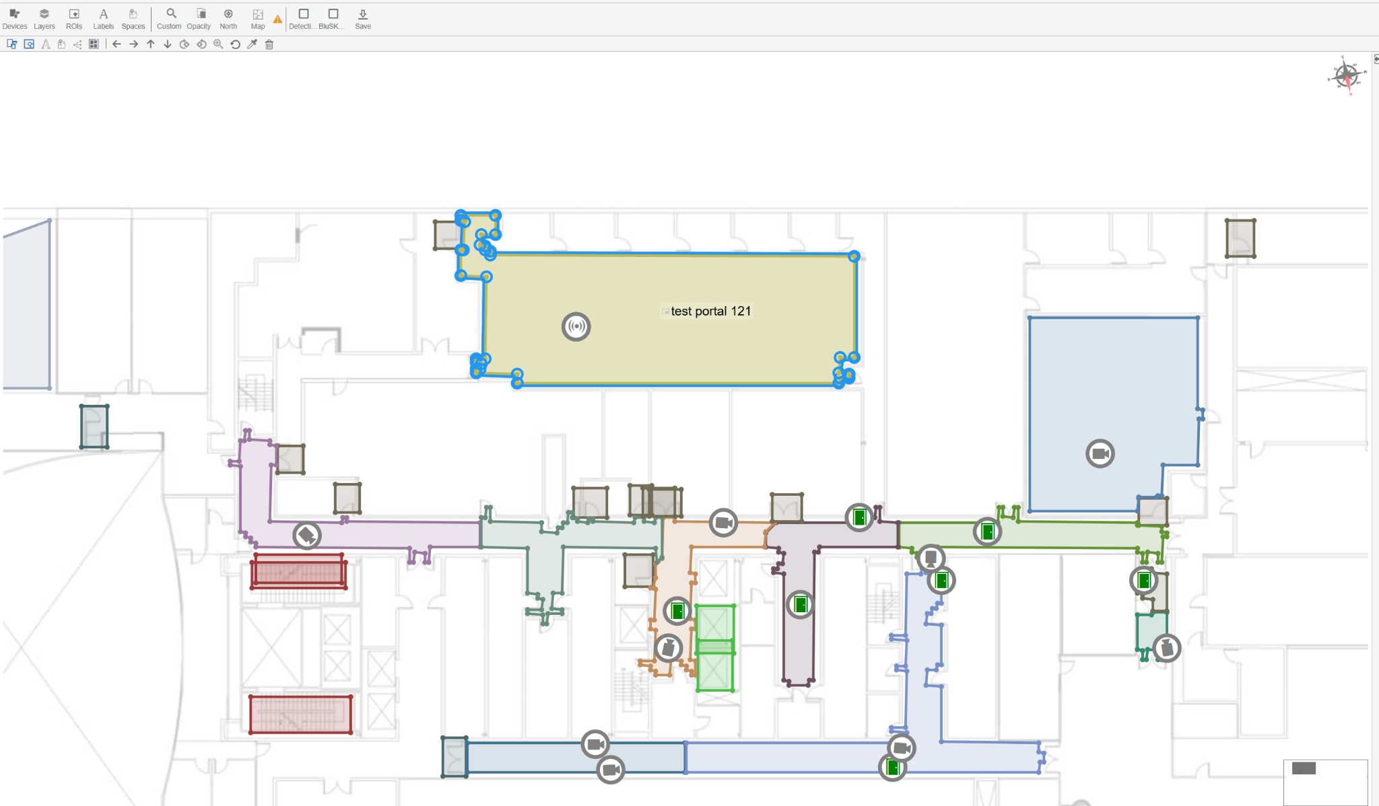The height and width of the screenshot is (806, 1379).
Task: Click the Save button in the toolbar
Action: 363,19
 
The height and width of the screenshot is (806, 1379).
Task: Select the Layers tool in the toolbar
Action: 44,19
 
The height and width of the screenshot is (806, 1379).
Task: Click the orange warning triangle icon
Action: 277,19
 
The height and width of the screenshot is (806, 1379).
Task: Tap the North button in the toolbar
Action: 228,19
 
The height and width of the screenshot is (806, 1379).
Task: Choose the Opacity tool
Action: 199,19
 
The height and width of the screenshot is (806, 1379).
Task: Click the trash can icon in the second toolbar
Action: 269,44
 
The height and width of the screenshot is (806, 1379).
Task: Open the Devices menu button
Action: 15,19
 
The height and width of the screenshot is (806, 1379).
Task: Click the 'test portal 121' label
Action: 710,311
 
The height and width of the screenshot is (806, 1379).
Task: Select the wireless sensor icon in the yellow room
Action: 576,327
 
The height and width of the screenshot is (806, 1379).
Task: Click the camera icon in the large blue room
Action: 1100,453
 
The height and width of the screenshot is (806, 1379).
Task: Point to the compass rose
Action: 1346,75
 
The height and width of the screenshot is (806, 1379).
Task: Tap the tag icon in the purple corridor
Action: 307,536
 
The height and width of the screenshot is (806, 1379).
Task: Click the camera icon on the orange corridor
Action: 723,523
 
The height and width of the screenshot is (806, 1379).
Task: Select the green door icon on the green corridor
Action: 987,532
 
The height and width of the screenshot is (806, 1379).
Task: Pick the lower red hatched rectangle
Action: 300,715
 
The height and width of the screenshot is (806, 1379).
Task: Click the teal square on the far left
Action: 94,427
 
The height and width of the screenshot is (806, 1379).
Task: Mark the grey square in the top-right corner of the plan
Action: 1240,238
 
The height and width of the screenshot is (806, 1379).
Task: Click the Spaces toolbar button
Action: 133,19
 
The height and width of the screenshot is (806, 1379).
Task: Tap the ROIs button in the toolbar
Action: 74,19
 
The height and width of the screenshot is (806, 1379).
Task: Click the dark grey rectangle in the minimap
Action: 1304,768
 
